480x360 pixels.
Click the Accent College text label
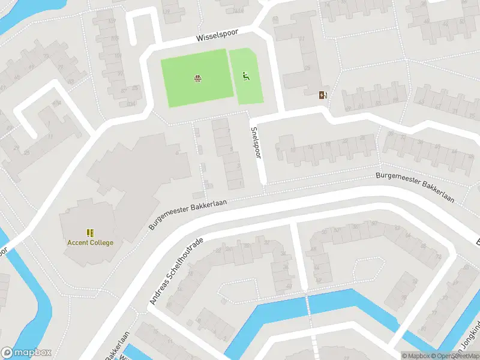pos(90,242)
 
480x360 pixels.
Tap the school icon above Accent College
pos(90,233)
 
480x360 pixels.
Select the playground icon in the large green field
pos(197,78)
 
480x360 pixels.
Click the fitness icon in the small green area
pos(245,76)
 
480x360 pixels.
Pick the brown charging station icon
pos(323,94)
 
